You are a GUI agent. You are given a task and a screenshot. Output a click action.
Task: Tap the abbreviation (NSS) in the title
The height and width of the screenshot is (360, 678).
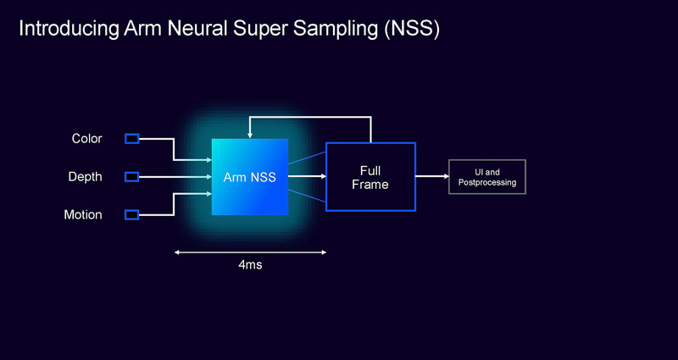coord(411,29)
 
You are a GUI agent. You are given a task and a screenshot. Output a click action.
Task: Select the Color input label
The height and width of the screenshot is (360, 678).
coord(86,139)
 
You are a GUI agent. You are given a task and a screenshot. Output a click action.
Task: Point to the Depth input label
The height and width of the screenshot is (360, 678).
coord(85,177)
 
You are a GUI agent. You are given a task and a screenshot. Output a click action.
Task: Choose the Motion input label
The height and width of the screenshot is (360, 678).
coord(83,215)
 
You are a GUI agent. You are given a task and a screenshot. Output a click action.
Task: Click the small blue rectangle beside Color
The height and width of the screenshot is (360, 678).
coord(131,139)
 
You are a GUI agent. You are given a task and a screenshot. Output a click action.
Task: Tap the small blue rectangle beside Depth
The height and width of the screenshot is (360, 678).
coord(131,177)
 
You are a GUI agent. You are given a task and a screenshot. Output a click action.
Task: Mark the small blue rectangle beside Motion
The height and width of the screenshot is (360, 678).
coord(131,215)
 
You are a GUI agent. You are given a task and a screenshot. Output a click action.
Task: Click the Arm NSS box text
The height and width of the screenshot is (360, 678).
coord(249,178)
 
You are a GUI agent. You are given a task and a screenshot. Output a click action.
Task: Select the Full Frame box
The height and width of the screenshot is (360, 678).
coord(370,177)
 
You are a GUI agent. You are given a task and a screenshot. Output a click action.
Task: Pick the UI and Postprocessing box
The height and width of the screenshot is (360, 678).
coord(486,177)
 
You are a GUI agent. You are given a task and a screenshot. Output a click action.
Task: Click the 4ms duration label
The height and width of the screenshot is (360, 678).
coord(250,265)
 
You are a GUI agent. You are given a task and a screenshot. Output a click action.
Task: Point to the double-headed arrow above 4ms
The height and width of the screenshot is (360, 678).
coord(250,252)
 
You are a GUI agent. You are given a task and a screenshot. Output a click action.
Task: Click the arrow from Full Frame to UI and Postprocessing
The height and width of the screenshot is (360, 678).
coord(431,177)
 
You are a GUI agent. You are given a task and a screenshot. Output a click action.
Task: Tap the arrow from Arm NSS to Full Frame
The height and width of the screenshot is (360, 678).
coord(307,177)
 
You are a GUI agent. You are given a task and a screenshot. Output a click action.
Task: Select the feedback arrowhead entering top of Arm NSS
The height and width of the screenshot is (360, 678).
coord(249,135)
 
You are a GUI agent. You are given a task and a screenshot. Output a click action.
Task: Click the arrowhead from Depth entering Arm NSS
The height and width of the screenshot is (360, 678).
coord(208,177)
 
